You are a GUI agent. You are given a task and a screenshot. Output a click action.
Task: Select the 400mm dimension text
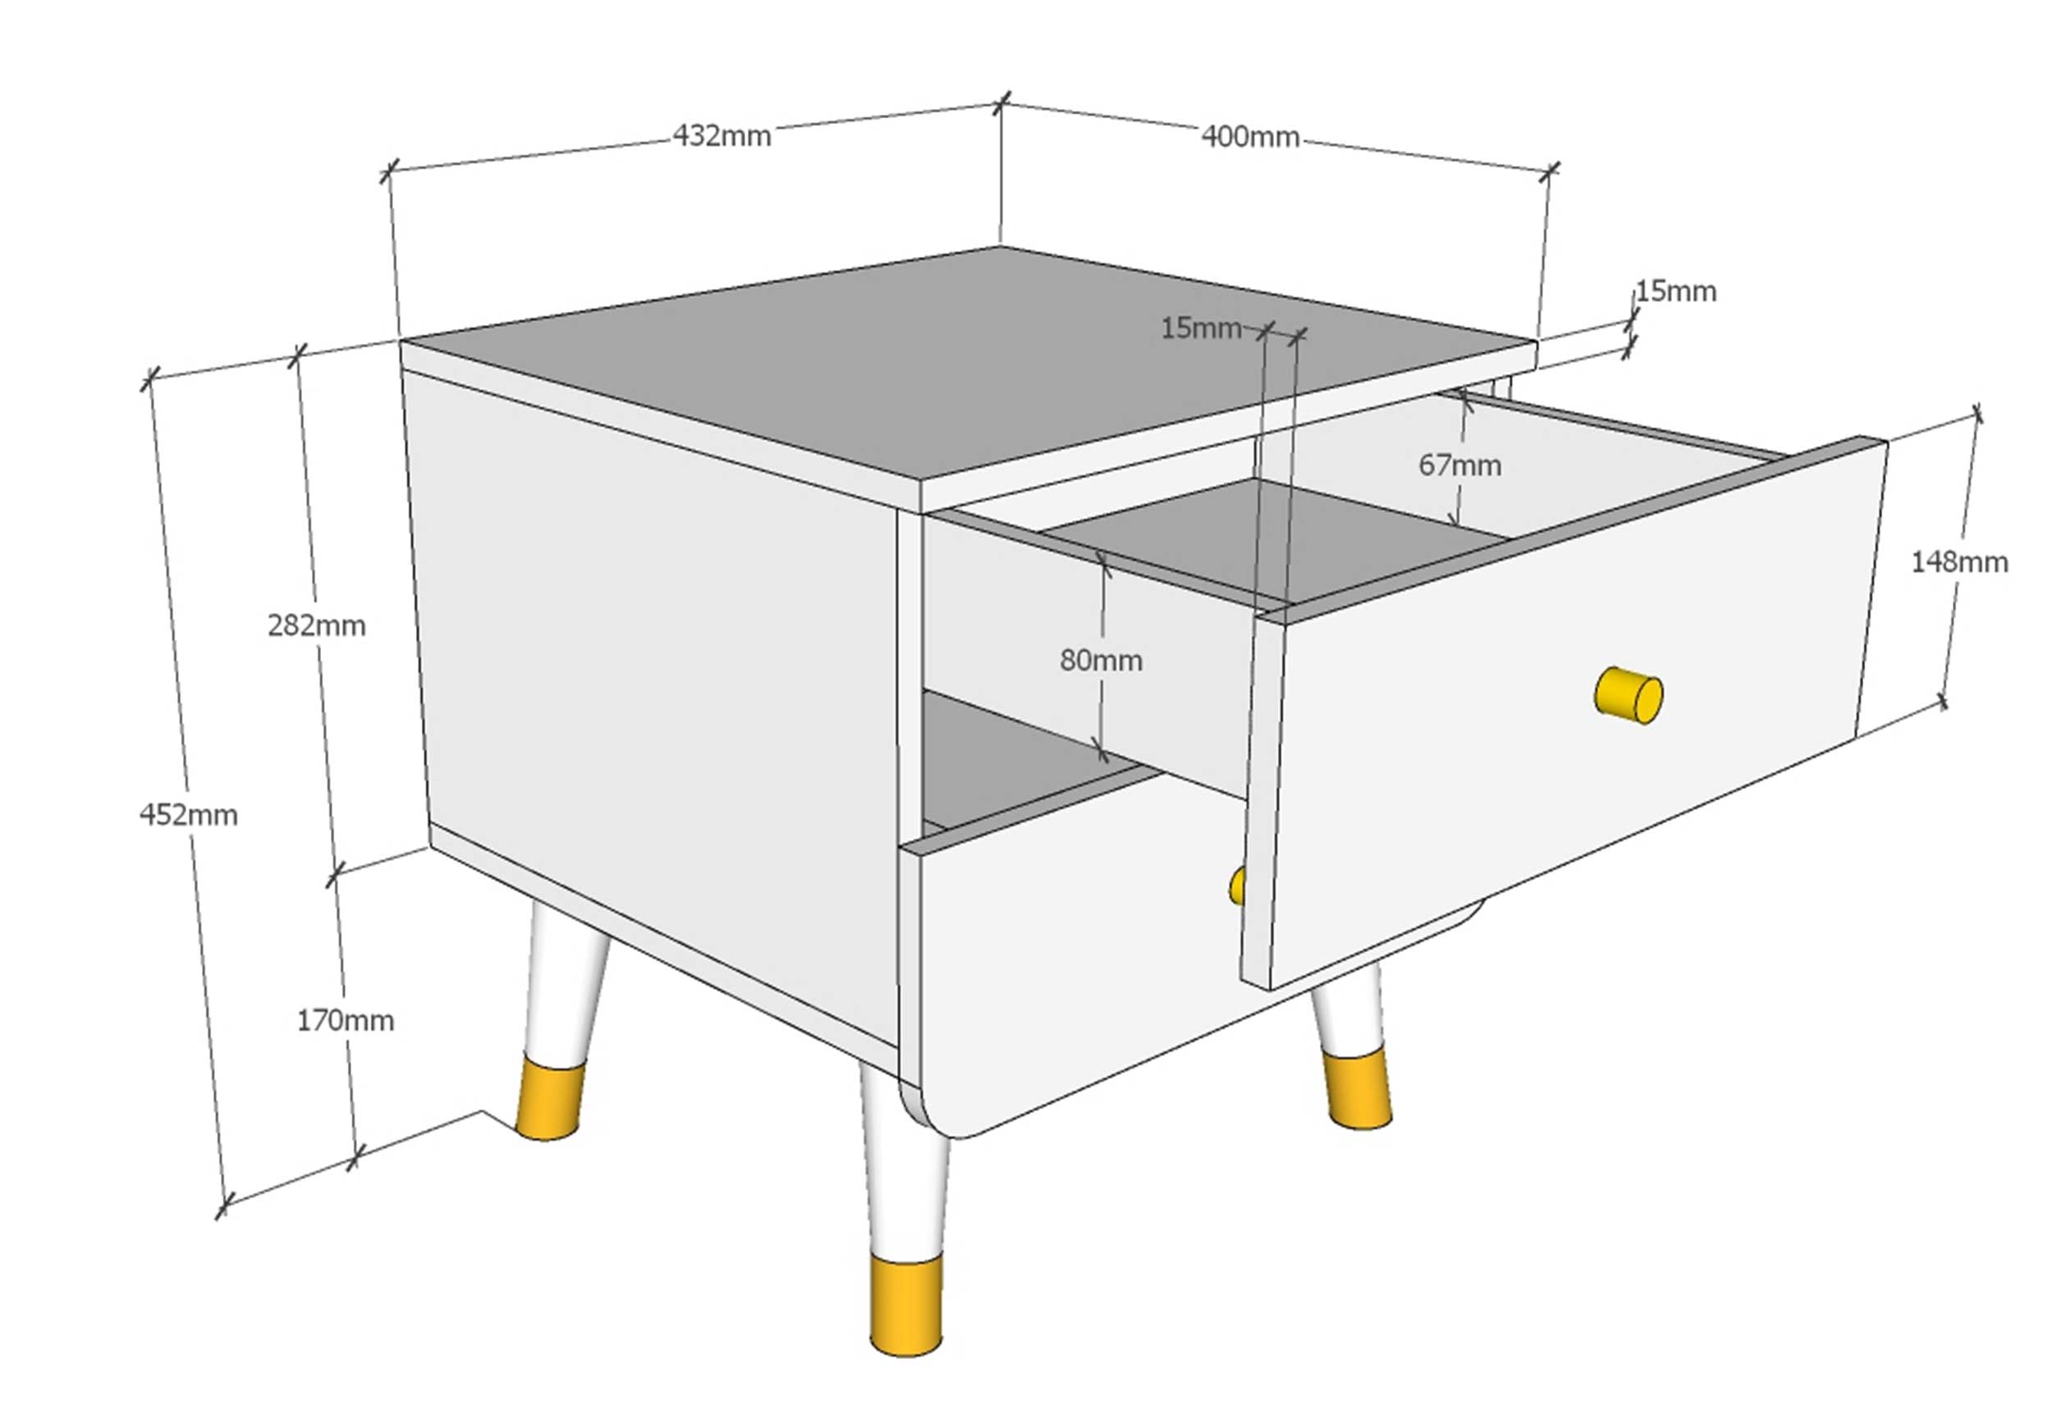coord(1250,136)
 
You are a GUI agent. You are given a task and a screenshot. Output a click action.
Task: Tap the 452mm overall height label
coord(189,814)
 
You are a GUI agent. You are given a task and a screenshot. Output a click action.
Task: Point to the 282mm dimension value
coord(317,626)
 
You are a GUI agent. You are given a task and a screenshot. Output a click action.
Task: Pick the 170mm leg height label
coord(345,1020)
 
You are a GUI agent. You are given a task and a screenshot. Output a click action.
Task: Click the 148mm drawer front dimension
coord(1959,562)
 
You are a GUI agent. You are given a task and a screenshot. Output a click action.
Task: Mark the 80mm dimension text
coord(1101,660)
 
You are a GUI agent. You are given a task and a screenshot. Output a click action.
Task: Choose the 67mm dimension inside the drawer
coord(1460,465)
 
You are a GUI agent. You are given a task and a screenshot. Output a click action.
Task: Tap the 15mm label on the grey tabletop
coord(1201,328)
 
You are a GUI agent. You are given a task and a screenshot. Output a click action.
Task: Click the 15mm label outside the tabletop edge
coord(1676,291)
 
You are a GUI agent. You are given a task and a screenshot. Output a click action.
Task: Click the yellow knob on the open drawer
coord(1628,694)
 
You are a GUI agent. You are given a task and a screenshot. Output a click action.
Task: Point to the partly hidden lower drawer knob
coord(1237,886)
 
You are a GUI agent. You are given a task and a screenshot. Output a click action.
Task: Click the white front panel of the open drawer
coord(1564,729)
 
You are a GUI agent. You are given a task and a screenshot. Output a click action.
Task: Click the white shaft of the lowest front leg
coord(902,1165)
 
